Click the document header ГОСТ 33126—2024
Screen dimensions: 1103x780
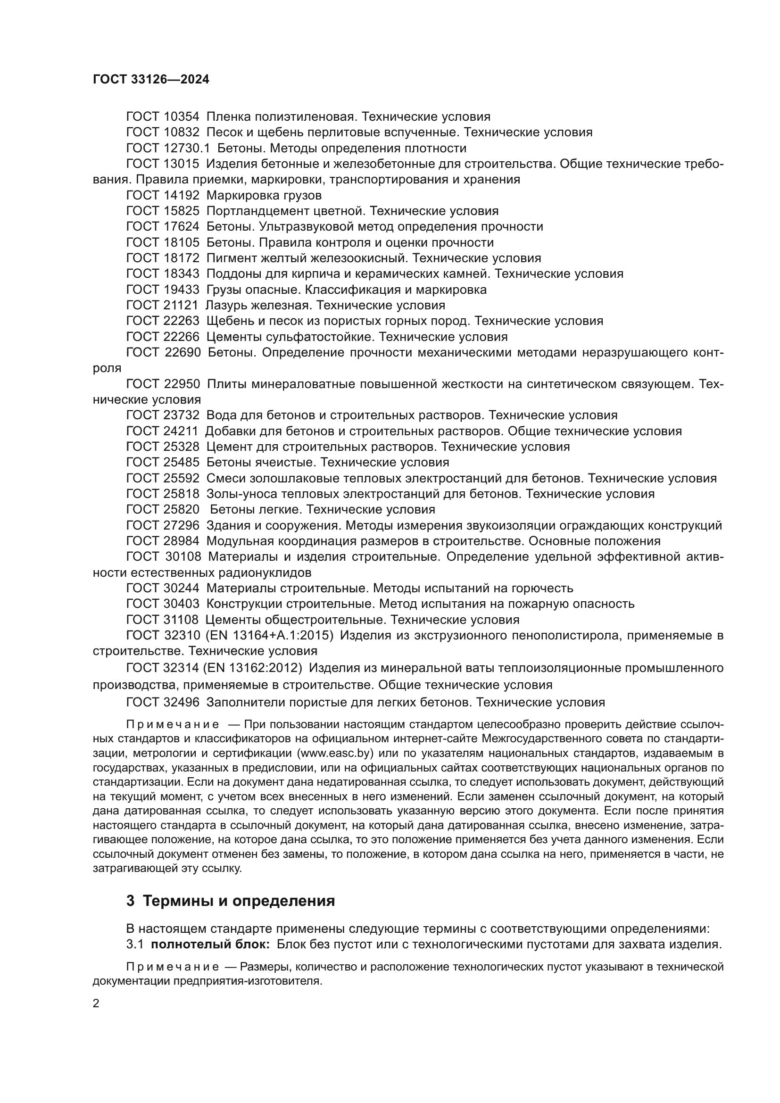tap(151, 80)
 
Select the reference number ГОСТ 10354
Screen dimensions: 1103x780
tap(162, 117)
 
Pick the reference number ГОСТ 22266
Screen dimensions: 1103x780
tap(162, 337)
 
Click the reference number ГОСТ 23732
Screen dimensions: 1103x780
tap(162, 415)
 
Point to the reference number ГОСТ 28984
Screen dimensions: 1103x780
tap(162, 541)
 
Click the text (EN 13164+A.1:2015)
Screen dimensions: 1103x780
tap(269, 636)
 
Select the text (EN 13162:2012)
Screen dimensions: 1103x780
tap(253, 668)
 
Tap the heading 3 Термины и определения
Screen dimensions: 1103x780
tap(231, 901)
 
